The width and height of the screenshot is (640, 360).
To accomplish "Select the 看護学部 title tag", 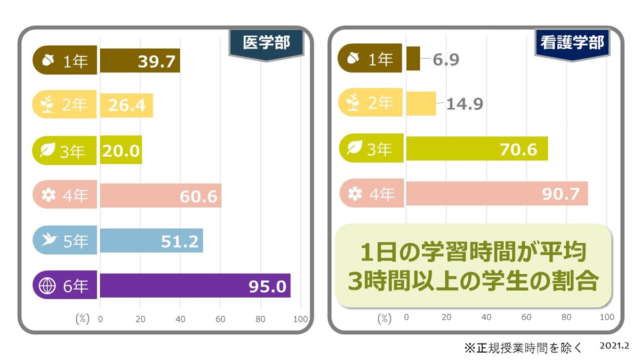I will click(572, 42).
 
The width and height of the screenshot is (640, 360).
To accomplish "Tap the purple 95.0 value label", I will click(267, 286).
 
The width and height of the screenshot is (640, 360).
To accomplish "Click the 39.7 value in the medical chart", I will click(156, 62).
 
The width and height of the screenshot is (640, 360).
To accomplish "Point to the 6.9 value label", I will click(446, 59).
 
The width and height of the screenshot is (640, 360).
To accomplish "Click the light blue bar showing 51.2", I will click(151, 241).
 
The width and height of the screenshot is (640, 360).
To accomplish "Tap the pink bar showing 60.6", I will click(161, 196).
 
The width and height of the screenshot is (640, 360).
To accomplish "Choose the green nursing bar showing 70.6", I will click(477, 149).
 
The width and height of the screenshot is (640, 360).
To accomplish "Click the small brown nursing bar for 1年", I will click(413, 59).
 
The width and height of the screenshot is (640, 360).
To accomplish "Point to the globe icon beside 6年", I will click(48, 286).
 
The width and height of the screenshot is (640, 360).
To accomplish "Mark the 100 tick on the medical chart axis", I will click(301, 319).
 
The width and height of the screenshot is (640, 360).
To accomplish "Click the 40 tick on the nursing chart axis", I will click(486, 317).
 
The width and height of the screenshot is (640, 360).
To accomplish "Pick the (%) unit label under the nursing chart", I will click(385, 319).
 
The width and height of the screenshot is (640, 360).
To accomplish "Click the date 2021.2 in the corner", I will click(613, 346).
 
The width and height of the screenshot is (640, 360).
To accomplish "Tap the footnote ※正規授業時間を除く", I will click(523, 348).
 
